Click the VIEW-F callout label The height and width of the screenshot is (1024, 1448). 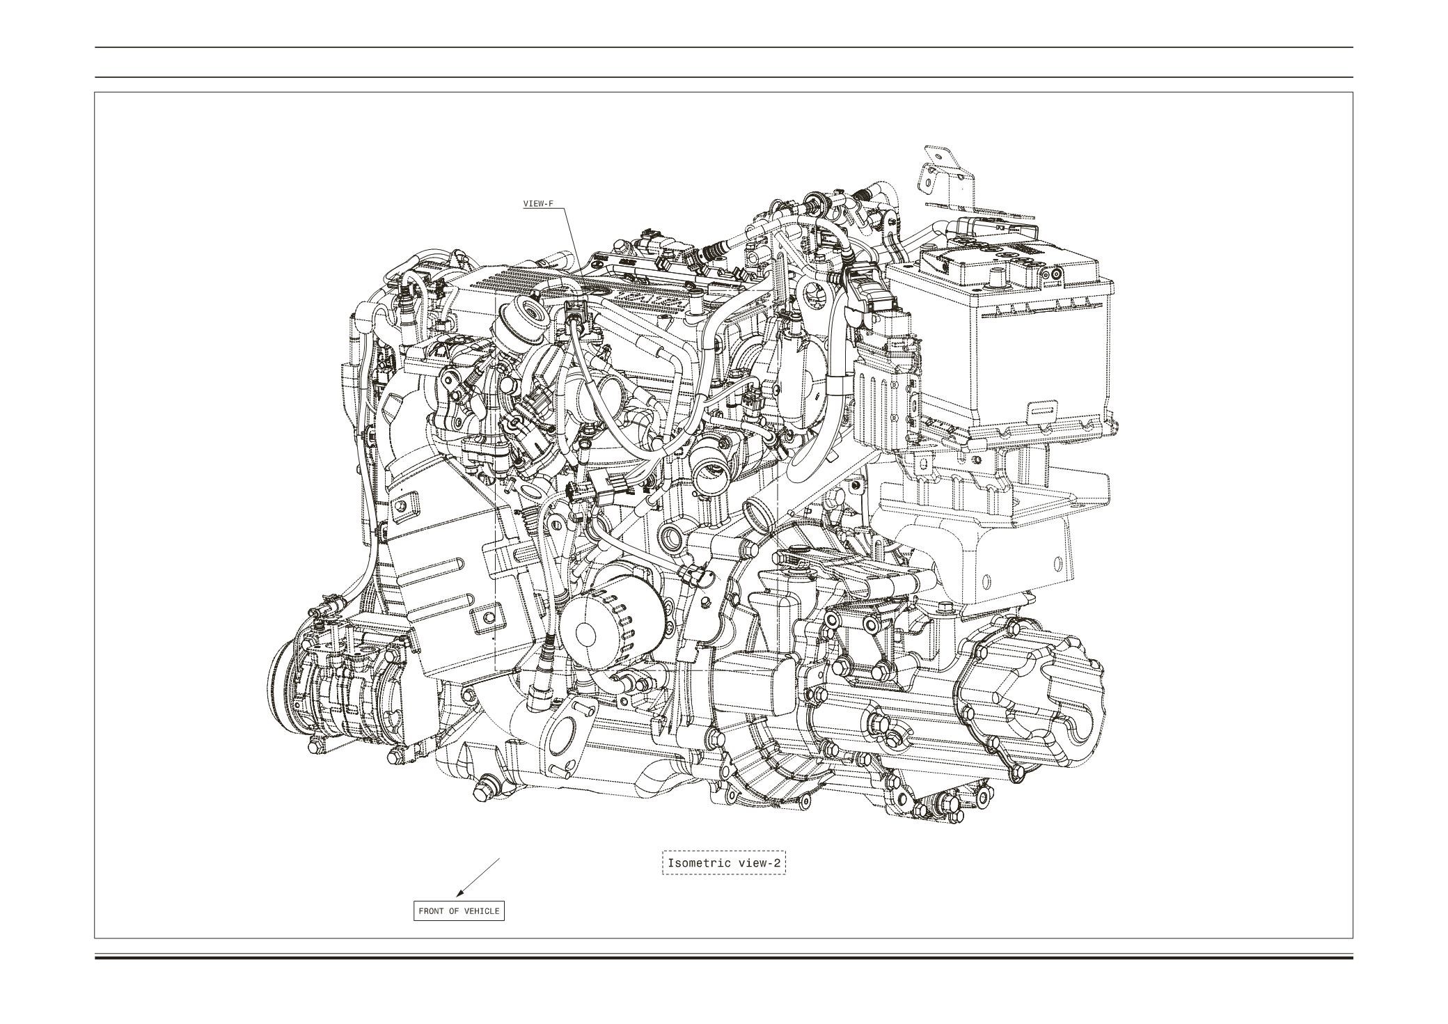tap(538, 204)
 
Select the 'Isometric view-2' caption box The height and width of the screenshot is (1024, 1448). tap(724, 863)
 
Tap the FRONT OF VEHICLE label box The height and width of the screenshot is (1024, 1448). tap(459, 911)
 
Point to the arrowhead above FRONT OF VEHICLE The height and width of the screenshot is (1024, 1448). tap(459, 892)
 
